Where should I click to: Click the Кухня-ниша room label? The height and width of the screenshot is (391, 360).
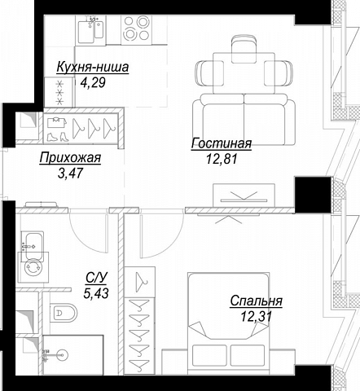(x=93, y=68)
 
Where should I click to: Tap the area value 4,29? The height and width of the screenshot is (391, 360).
(x=93, y=82)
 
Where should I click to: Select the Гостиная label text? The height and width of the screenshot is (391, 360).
(x=222, y=143)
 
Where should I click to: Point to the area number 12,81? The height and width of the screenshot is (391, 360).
(x=222, y=159)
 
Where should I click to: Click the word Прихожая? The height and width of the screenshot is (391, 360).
(x=70, y=158)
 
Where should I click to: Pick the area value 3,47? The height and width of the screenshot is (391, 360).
(x=70, y=173)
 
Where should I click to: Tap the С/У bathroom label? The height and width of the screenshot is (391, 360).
(x=96, y=278)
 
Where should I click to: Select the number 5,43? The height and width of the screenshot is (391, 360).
(x=96, y=293)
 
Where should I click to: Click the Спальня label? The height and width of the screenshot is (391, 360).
(x=256, y=301)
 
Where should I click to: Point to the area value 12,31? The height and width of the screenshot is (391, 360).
(x=256, y=316)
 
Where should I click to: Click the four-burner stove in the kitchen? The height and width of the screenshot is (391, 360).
(x=136, y=28)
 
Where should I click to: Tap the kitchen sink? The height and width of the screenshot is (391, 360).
(x=90, y=29)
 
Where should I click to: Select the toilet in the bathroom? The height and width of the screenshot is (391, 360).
(x=64, y=313)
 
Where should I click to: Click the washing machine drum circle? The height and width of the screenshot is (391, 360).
(x=33, y=267)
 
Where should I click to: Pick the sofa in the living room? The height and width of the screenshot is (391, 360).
(x=244, y=120)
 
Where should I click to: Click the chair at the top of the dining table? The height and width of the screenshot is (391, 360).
(x=244, y=49)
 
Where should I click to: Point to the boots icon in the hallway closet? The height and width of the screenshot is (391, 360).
(x=56, y=137)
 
